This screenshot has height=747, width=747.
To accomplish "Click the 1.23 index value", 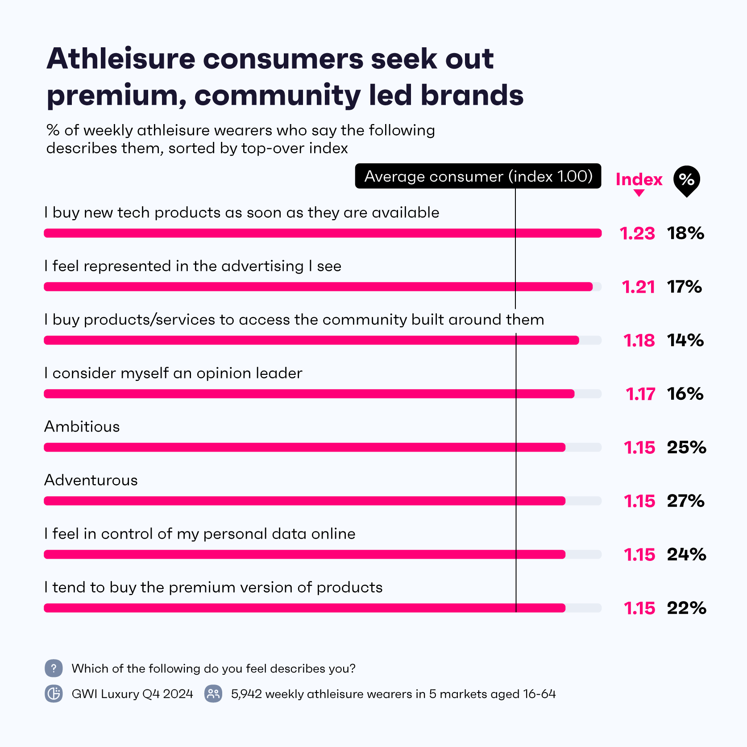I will coord(637,233).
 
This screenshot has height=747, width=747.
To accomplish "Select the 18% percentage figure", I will coord(685,233).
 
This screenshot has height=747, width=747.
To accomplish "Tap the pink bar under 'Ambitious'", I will coord(304,447).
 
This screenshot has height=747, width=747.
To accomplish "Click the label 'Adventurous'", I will coord(91,480).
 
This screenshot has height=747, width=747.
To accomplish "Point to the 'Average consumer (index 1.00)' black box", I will coord(478,176).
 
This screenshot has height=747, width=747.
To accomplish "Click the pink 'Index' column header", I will coord(639,179).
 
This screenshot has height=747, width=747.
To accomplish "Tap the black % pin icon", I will coord(686,181).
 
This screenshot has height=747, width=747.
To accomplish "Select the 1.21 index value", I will coord(638,287).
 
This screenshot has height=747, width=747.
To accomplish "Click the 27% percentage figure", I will coord(685,501).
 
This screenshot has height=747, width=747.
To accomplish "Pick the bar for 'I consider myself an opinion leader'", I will coord(309,394).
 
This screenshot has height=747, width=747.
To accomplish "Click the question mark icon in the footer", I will coord(54,668).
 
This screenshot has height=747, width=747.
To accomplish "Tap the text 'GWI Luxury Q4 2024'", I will coord(132,694).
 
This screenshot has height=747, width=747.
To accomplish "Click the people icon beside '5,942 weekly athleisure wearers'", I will coord(213,694).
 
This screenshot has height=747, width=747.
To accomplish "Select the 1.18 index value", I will coord(639,340).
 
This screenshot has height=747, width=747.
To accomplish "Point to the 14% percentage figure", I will coord(685,340).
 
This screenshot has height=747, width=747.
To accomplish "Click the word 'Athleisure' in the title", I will coord(121,58).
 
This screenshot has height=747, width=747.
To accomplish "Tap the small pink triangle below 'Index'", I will coord(639,193).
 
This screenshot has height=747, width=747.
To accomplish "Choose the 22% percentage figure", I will coord(686,608).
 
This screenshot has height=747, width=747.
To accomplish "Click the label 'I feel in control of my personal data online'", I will coord(199,534).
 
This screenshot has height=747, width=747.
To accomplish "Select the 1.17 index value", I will coord(640,394).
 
